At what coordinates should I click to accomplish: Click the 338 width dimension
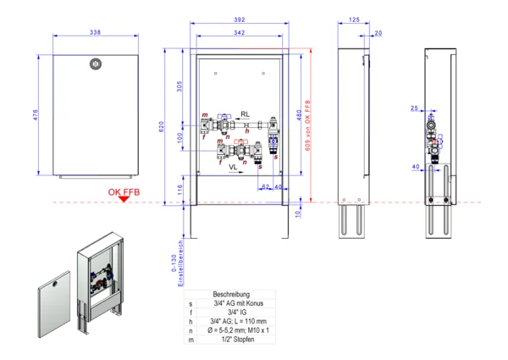(x=95, y=32)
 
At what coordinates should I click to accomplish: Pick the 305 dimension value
(x=180, y=86)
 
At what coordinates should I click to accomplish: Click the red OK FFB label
(x=124, y=193)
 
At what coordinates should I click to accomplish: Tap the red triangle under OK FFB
(x=125, y=201)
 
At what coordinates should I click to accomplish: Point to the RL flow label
(x=245, y=114)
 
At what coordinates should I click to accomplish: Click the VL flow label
(x=233, y=169)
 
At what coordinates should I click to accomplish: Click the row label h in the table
(x=191, y=321)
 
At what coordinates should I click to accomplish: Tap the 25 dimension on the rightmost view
(x=415, y=108)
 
